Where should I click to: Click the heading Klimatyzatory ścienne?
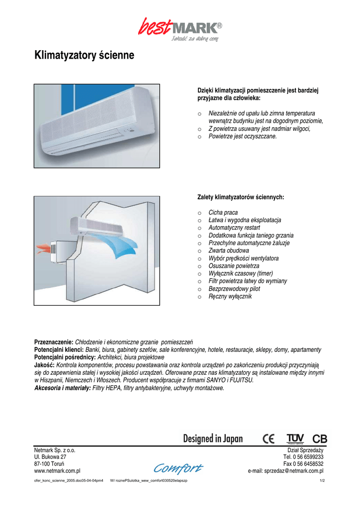coord(84,55)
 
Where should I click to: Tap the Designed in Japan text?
coord(213,438)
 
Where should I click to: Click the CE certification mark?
coord(269,439)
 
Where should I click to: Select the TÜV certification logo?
coord(295,438)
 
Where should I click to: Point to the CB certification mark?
coord(320,439)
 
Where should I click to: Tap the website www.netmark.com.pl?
coord(57,471)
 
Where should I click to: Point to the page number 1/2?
coord(321,481)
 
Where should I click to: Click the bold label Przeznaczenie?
coord(54,342)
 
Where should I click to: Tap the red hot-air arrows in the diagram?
coord(44,247)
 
